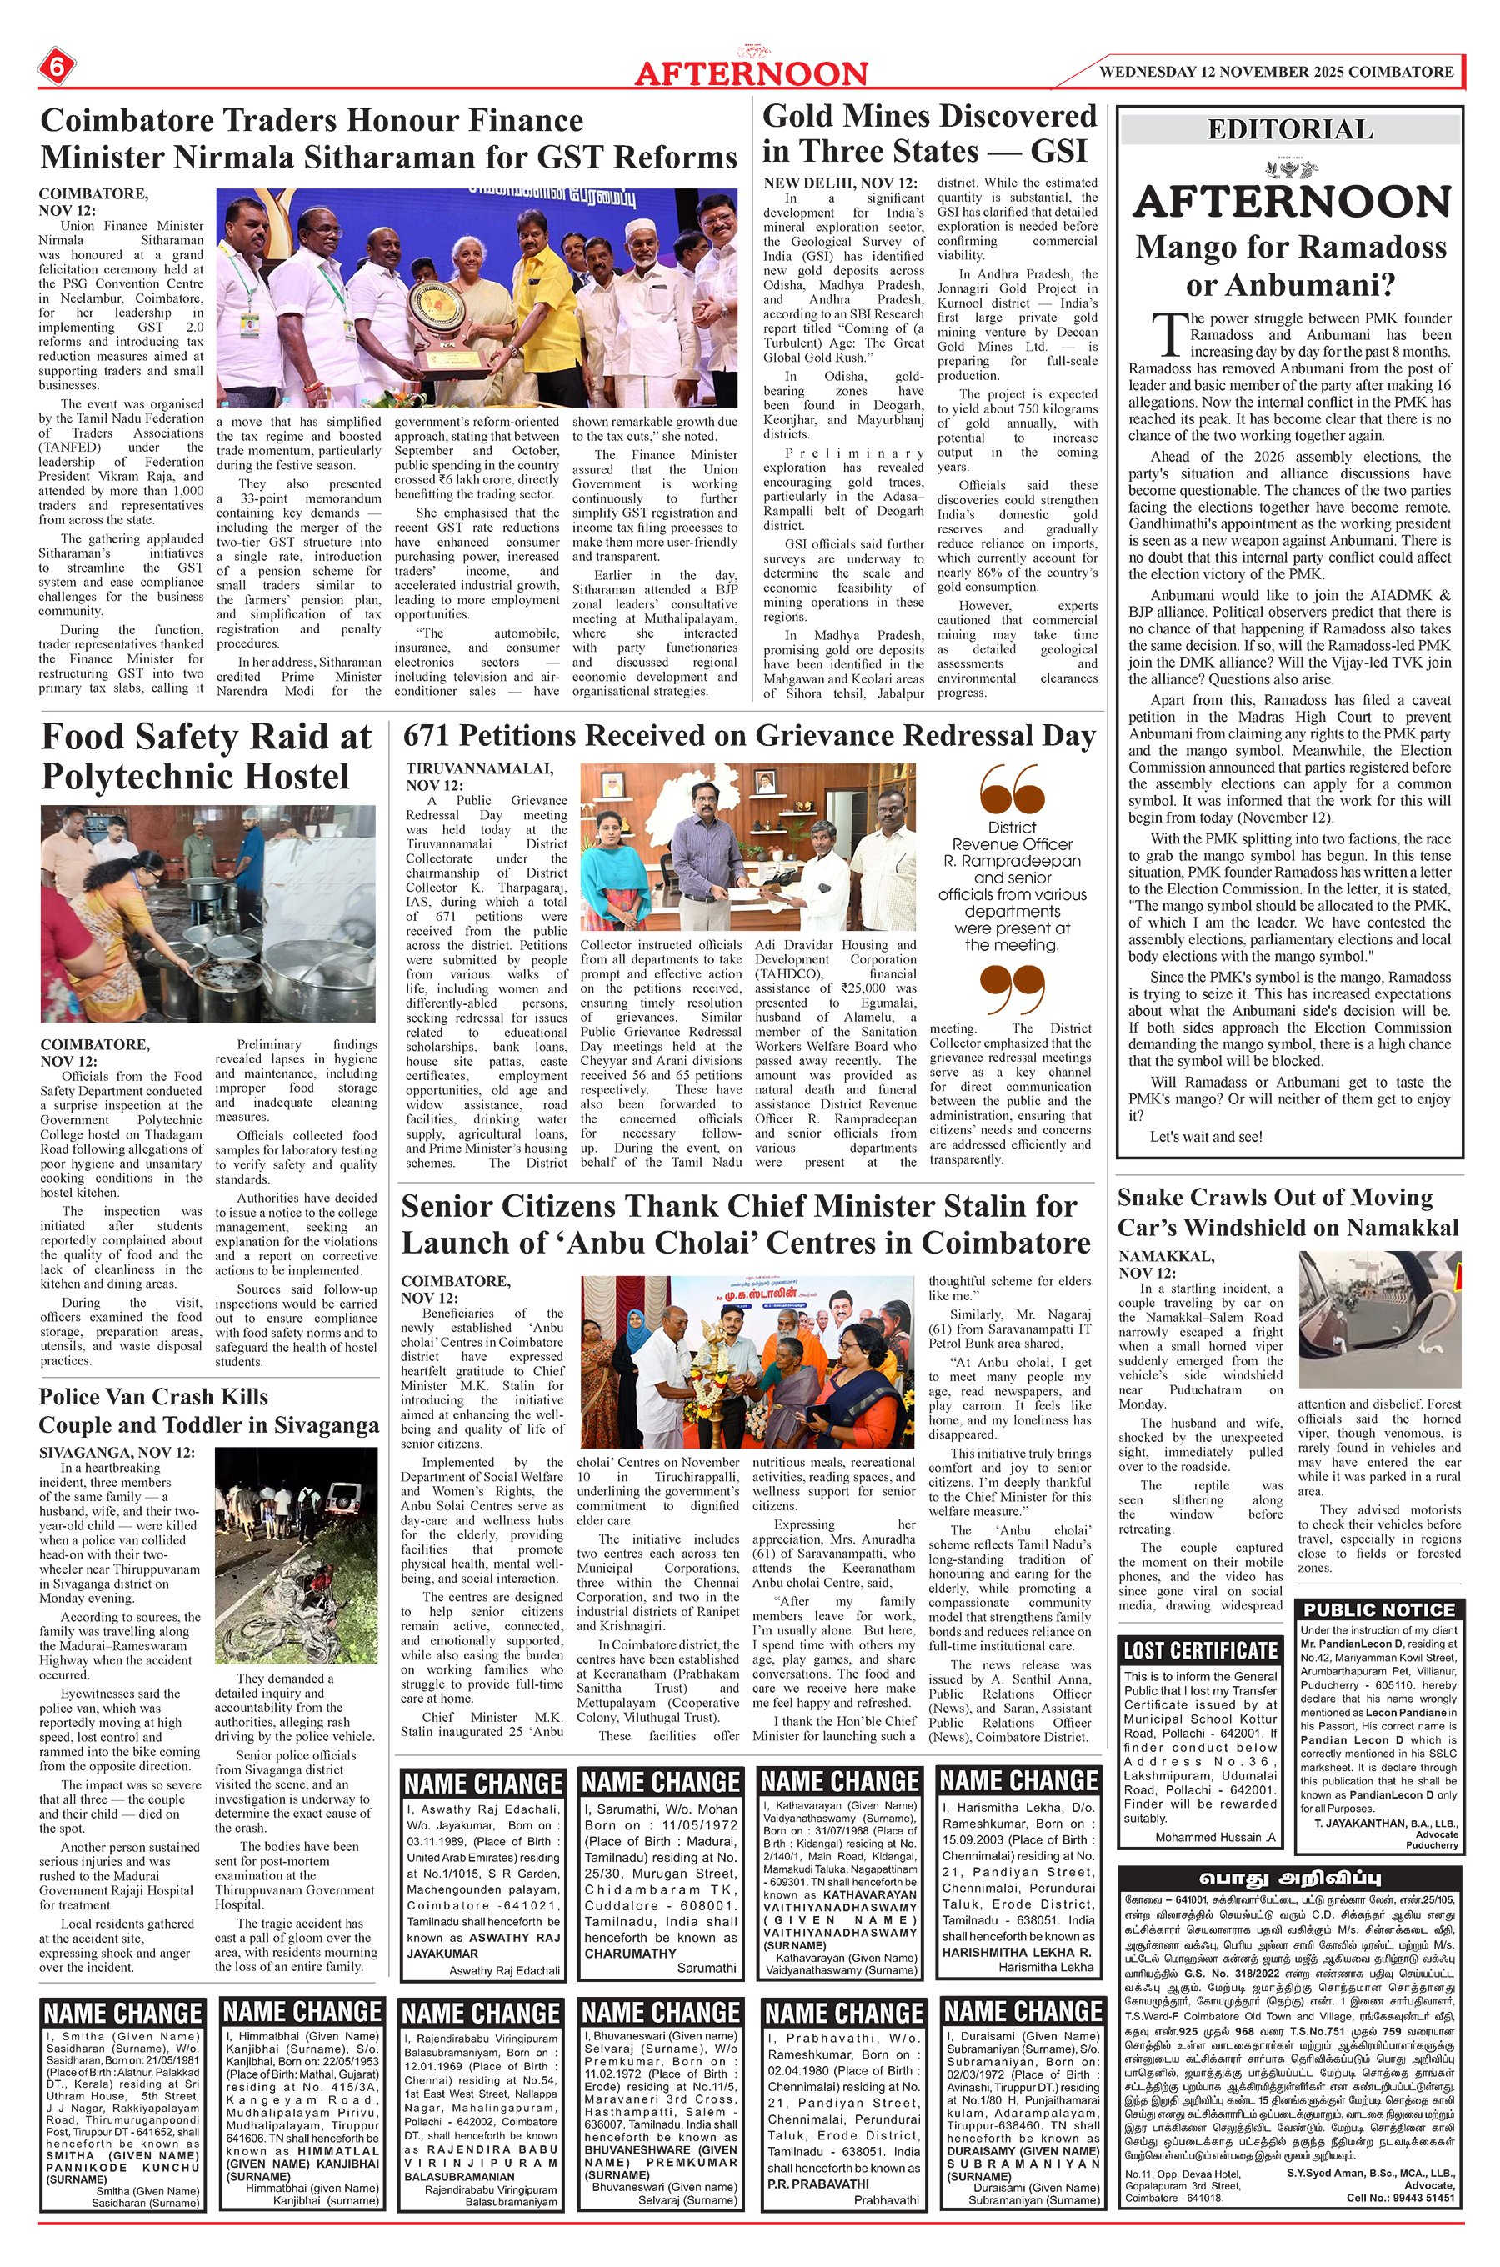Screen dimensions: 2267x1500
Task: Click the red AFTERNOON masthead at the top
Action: pos(751,73)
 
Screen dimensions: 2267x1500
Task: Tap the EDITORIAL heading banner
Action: pos(1289,129)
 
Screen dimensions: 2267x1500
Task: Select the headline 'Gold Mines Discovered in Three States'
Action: pos(929,133)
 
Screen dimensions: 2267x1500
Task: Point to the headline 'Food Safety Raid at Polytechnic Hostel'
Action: pos(206,756)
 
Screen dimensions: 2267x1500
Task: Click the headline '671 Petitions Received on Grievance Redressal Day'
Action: pos(749,736)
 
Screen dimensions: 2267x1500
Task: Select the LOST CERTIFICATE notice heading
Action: pos(1200,1650)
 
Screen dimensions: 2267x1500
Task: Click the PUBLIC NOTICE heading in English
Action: pos(1378,1610)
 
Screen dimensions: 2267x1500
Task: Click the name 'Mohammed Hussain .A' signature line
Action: pos(1215,1838)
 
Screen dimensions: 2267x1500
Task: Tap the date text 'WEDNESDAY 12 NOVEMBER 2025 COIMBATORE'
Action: pos(1276,72)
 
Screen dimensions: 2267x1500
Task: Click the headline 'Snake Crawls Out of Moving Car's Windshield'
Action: pos(1287,1212)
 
